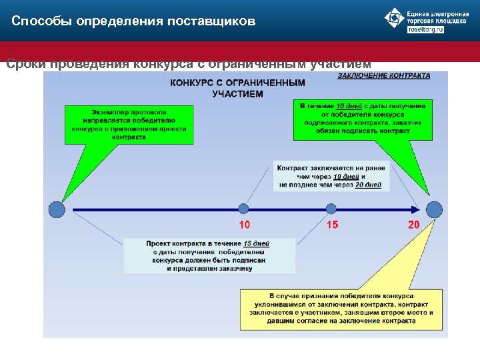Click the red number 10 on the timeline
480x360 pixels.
click(x=245, y=225)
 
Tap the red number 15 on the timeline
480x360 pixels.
click(x=332, y=225)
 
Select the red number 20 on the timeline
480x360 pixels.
click(x=414, y=225)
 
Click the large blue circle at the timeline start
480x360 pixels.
click(x=57, y=209)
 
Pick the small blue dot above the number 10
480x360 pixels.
click(x=244, y=209)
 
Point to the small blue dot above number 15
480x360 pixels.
click(x=331, y=209)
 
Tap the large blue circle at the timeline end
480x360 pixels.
click(x=434, y=209)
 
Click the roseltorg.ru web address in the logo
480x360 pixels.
click(x=425, y=29)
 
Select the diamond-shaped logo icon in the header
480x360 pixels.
click(x=395, y=19)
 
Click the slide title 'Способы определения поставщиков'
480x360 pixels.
click(x=133, y=21)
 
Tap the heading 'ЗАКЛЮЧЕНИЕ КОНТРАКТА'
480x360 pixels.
click(x=383, y=76)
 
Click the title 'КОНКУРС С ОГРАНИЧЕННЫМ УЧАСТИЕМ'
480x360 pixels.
click(x=237, y=88)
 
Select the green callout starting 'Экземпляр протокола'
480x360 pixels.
click(x=130, y=123)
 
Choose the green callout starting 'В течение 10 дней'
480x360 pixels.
click(x=362, y=118)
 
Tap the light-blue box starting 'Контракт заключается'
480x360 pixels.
click(x=331, y=176)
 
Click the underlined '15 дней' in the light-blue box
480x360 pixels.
click(x=257, y=243)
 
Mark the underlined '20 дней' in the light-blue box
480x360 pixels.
click(x=369, y=185)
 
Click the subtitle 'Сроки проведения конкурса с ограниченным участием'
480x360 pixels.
click(x=188, y=65)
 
